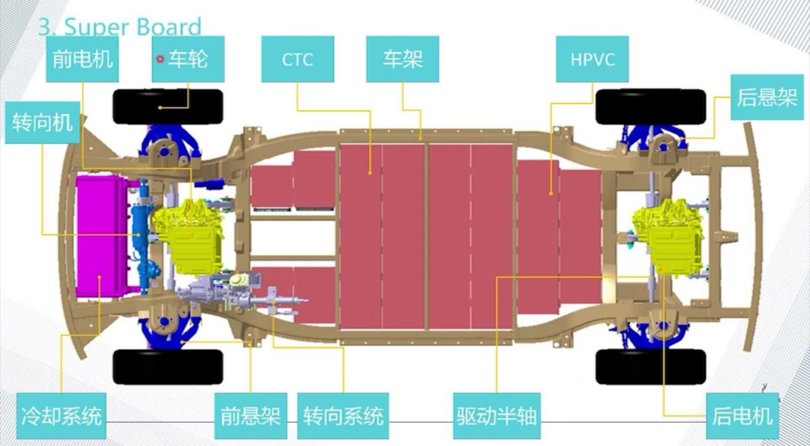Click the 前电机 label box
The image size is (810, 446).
82,59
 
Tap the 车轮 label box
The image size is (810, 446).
188,59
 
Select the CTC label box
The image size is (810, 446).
297,59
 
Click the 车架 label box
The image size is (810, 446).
402,59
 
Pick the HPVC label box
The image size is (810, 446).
592,59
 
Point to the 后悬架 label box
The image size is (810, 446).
766,97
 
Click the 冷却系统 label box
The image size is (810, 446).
59,415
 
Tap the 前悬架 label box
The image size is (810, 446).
250,415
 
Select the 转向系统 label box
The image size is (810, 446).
343,415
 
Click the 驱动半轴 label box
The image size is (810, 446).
496,415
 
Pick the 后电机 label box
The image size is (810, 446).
742,415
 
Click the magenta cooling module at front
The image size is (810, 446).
102,233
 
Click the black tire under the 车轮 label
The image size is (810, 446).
168,106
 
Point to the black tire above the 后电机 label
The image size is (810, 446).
650,366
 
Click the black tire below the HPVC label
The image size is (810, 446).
650,106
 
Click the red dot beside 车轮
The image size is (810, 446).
160,58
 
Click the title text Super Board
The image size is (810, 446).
120,28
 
